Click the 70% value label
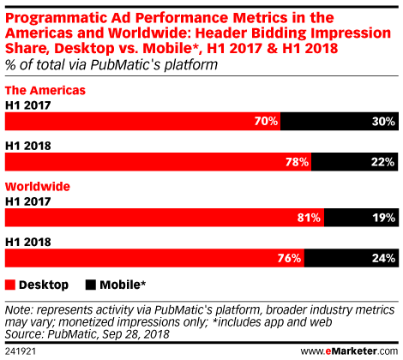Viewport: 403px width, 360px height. click(x=266, y=121)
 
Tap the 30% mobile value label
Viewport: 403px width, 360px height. click(x=383, y=122)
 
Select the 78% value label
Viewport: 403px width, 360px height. click(x=297, y=162)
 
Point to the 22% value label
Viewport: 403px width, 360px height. click(x=383, y=162)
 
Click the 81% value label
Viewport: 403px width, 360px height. click(x=309, y=218)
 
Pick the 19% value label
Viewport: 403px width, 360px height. click(x=384, y=218)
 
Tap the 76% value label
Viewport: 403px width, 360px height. click(x=289, y=258)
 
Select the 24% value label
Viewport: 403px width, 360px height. click(x=383, y=258)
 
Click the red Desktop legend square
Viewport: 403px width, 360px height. click(x=10, y=285)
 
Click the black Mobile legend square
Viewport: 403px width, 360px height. click(x=91, y=285)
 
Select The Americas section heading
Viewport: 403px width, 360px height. click(x=45, y=90)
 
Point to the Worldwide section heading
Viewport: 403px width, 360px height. click(x=38, y=187)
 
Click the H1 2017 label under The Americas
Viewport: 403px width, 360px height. click(x=28, y=105)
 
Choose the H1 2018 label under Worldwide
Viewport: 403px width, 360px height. click(x=28, y=242)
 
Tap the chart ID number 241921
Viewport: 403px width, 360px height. click(x=21, y=351)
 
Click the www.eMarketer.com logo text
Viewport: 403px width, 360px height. click(x=349, y=351)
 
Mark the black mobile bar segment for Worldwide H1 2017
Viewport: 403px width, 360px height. click(x=361, y=218)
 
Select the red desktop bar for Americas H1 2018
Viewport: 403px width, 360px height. click(x=158, y=162)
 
